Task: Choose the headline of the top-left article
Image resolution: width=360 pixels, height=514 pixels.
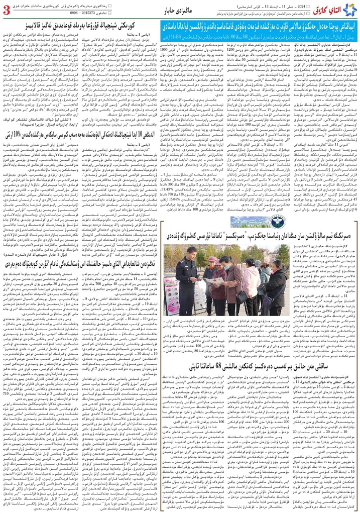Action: coord(78,26)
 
